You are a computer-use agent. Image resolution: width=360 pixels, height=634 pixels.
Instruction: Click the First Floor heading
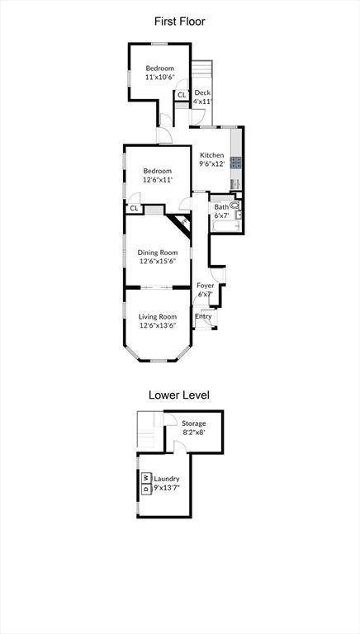point(180,21)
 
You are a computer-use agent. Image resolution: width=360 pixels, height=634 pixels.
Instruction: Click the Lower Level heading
point(179,395)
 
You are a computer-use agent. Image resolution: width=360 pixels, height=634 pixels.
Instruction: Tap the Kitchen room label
point(212,155)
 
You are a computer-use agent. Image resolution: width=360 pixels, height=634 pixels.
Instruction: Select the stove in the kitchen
point(236,163)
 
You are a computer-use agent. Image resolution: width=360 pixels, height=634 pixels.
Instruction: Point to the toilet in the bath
point(235,206)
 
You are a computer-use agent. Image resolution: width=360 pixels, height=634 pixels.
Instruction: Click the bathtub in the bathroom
point(226,226)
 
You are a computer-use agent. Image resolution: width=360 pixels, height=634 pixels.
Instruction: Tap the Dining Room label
point(158,253)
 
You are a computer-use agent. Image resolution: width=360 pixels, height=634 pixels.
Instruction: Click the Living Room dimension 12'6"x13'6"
point(158,325)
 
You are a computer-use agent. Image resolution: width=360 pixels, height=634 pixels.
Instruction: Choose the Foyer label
point(205,286)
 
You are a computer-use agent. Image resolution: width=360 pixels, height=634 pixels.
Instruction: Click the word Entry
point(203,316)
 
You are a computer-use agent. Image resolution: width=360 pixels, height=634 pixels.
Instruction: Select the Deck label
point(202,93)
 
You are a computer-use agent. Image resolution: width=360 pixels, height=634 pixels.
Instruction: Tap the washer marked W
point(145,477)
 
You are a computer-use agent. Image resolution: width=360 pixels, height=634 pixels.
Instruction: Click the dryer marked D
point(145,489)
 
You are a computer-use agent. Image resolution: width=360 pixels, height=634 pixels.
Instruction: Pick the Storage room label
point(194,423)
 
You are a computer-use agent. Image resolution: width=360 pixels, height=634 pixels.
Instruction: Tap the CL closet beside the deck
point(182,95)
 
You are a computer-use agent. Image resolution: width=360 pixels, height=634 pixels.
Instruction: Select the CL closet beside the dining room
point(135,209)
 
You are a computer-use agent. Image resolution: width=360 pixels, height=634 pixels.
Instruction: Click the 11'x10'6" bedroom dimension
point(160,77)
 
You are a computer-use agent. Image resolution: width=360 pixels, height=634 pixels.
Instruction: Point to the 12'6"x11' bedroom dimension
point(159,179)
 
